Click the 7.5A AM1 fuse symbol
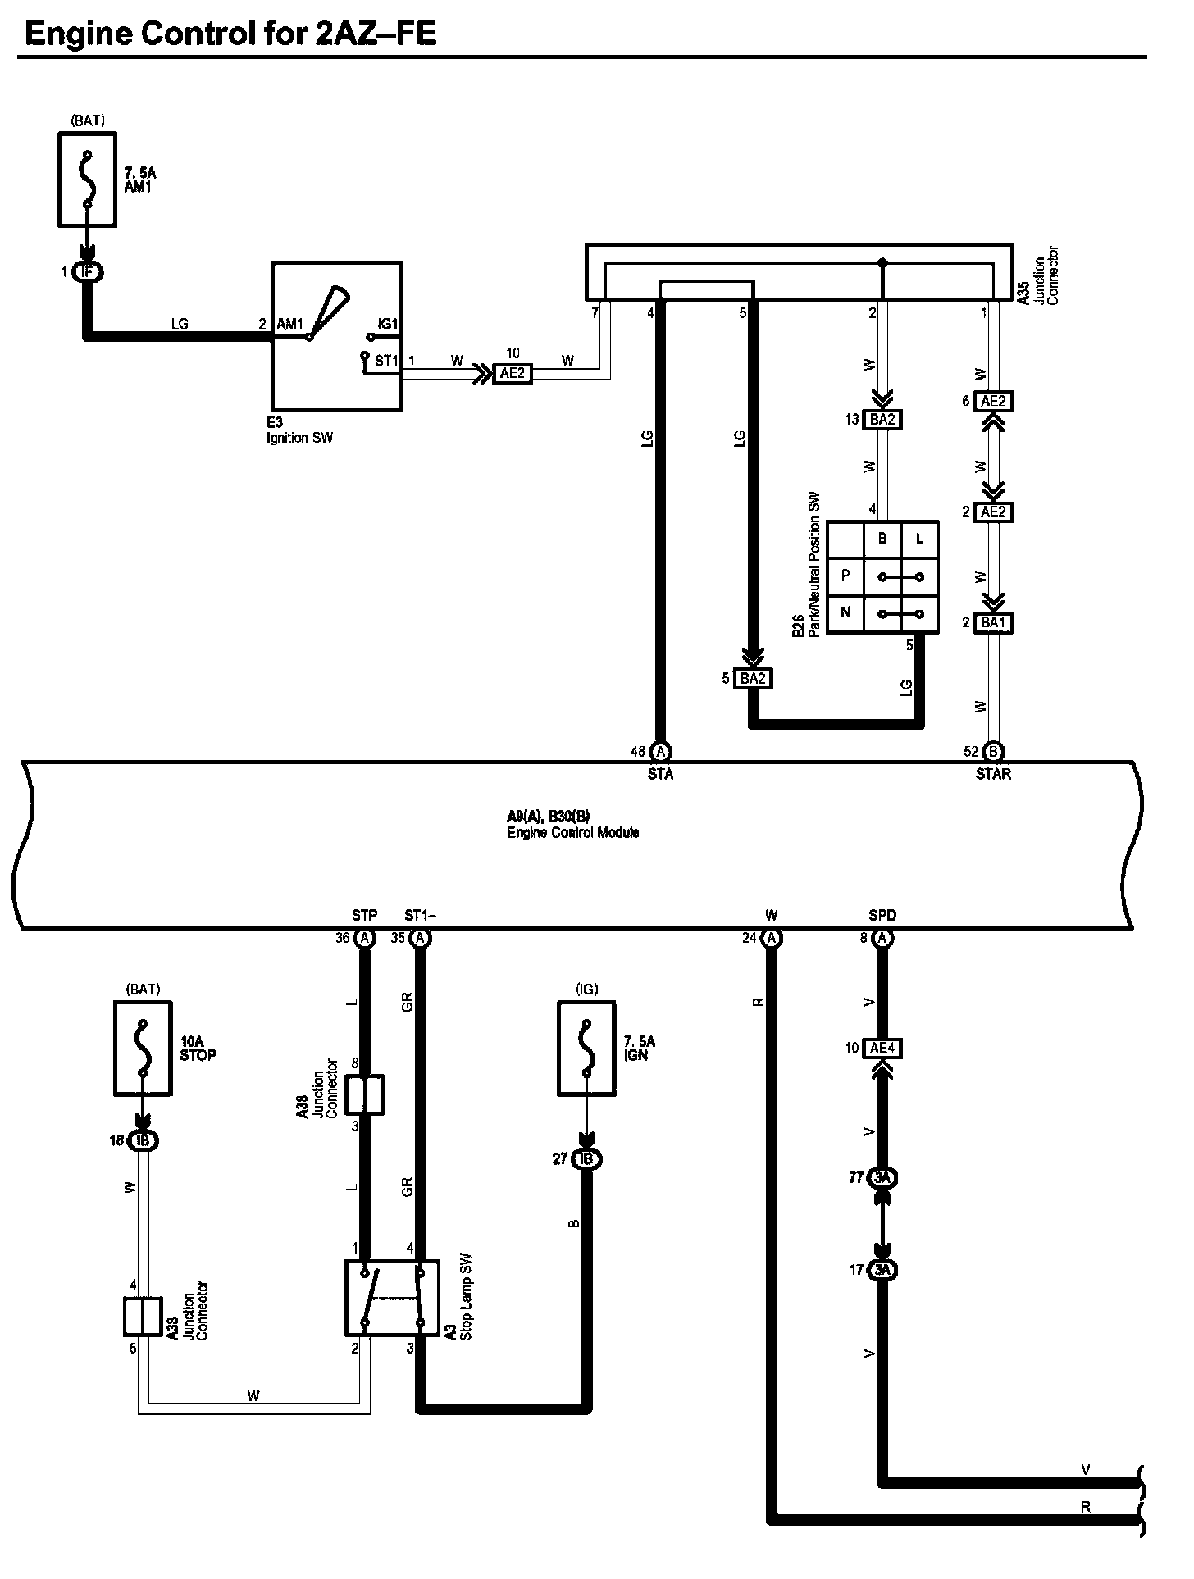coord(87,180)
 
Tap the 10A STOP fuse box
coord(143,1049)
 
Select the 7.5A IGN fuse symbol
coord(586,1049)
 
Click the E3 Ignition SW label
coord(299,431)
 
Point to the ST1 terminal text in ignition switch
coord(386,361)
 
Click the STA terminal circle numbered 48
coord(660,751)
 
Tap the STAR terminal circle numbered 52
coord(993,751)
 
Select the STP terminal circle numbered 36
coord(366,938)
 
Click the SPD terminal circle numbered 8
coord(882,938)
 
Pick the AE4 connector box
coord(882,1049)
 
